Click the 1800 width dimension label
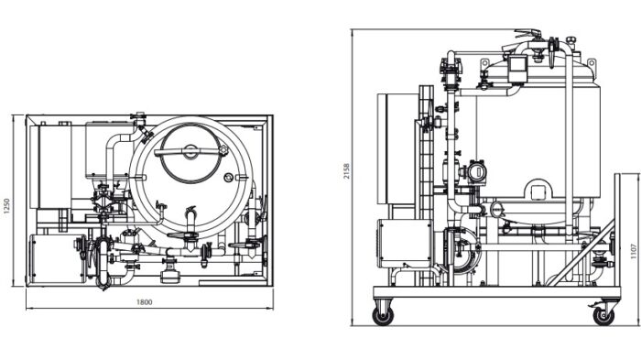(x=144, y=301)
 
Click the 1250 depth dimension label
(x=7, y=208)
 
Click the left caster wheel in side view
(x=382, y=315)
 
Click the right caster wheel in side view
(x=603, y=315)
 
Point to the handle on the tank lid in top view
(x=190, y=151)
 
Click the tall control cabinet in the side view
(x=400, y=151)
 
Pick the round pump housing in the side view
(x=461, y=250)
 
